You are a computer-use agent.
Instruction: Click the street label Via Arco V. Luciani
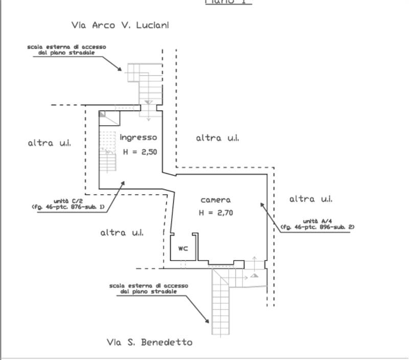coord(121,25)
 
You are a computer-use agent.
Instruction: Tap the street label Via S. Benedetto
coord(150,342)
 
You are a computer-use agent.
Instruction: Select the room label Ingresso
coord(138,137)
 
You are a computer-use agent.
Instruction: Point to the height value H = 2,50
coord(140,152)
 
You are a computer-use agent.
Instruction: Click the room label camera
coord(215,200)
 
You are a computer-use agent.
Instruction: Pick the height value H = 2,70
coord(216,213)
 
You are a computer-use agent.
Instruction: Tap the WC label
coord(183,249)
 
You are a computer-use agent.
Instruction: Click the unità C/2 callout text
coord(68,204)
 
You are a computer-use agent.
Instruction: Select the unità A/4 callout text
coord(317,223)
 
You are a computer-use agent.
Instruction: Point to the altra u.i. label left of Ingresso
coord(49,143)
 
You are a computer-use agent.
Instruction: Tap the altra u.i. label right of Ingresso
coord(217,138)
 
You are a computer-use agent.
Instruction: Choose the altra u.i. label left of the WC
coord(122,232)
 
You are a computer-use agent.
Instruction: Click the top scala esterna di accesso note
coord(66,50)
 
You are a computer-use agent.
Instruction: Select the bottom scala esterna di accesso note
coord(148,289)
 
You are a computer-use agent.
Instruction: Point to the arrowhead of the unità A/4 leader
coord(262,204)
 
